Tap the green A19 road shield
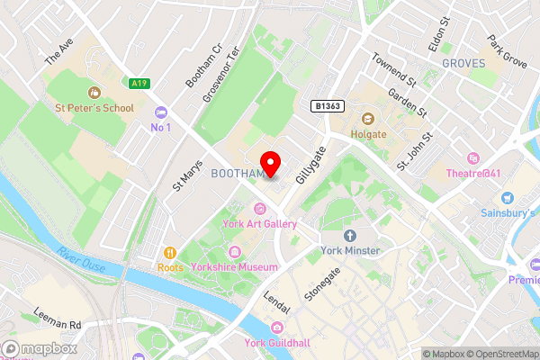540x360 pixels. pyautogui.click(x=139, y=84)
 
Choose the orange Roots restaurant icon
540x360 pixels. pyautogui.click(x=167, y=252)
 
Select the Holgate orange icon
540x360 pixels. pyautogui.click(x=368, y=119)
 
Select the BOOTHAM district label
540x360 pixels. pyautogui.click(x=237, y=173)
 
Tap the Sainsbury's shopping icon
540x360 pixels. pyautogui.click(x=507, y=197)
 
